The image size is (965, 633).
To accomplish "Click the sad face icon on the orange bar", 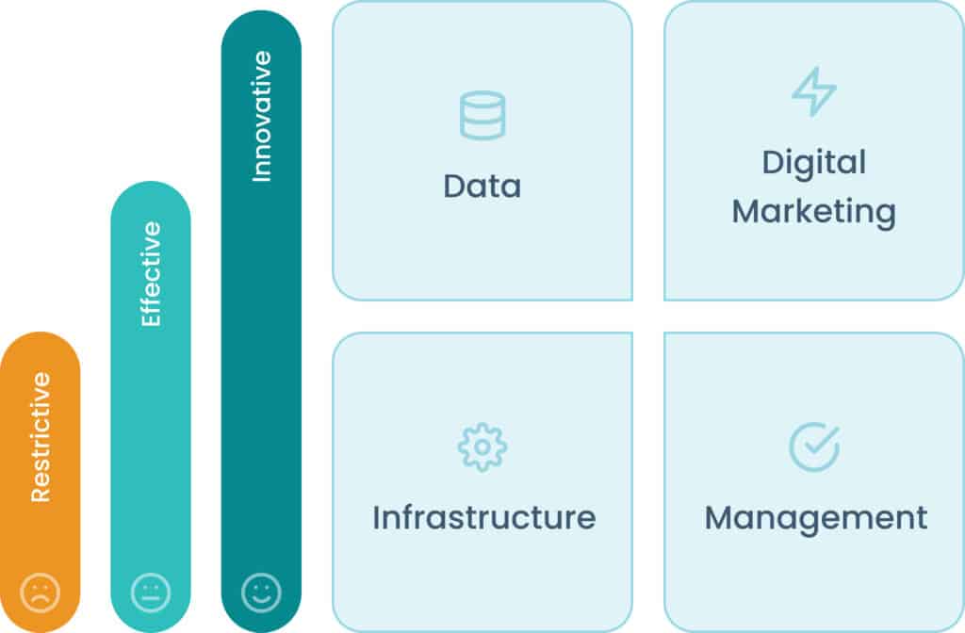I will tap(41, 592).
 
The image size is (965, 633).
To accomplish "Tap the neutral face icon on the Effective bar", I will tap(151, 592).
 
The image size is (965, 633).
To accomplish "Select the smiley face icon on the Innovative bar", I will tap(261, 592).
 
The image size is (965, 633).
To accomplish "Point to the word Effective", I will tap(151, 274).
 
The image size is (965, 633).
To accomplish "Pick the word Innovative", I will tap(261, 116).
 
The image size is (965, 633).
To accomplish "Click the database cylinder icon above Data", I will tap(482, 116).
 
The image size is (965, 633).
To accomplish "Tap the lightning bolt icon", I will tap(813, 92).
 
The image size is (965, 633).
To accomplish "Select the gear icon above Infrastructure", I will tap(482, 447).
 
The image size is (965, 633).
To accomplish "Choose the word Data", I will tap(482, 186).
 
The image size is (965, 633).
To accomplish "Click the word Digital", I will tap(813, 162).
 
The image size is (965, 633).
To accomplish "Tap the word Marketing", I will tap(813, 210).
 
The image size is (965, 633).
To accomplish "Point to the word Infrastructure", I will tap(483, 517).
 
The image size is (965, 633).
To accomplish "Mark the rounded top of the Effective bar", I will tap(151, 196).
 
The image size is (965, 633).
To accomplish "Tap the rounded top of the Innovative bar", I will tap(261, 26).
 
